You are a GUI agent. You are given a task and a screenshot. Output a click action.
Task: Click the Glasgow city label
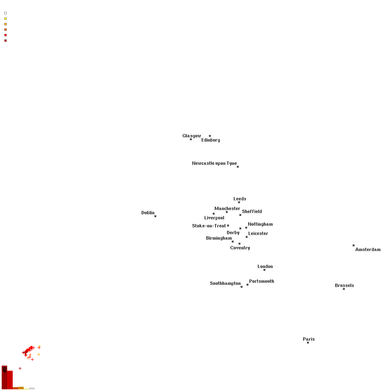click(191, 136)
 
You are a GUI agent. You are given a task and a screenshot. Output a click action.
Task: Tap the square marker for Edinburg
click(210, 136)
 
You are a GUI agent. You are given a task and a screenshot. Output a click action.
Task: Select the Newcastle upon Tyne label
click(214, 163)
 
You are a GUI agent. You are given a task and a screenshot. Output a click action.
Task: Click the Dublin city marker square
click(155, 216)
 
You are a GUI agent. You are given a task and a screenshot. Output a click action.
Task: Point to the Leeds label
click(240, 199)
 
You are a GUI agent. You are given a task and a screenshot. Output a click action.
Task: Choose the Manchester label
click(227, 208)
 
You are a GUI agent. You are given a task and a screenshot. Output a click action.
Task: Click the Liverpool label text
click(214, 218)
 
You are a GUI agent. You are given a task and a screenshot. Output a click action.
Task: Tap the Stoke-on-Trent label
click(209, 226)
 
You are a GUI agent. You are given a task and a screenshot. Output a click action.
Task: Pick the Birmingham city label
click(219, 238)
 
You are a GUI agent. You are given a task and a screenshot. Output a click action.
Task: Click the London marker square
click(264, 270)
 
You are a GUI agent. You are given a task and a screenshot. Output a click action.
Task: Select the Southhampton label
click(225, 283)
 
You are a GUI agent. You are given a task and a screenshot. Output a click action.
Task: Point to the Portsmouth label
click(261, 281)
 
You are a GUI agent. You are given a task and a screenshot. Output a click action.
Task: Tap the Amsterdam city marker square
click(353, 245)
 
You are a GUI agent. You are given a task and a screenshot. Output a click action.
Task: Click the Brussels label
click(344, 285)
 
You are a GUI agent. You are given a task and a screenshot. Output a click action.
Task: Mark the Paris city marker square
click(308, 342)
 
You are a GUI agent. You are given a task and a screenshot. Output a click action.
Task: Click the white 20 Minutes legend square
click(5, 13)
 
